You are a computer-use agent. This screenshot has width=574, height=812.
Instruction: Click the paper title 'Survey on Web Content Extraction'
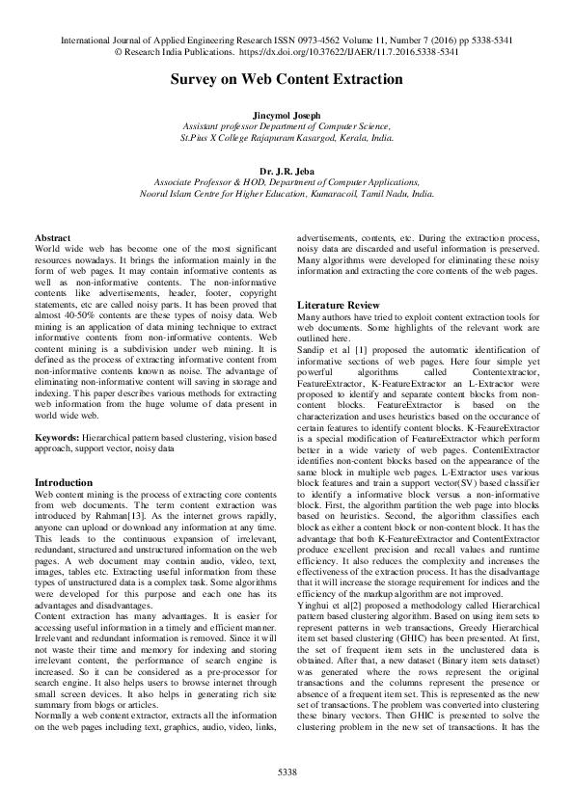287,79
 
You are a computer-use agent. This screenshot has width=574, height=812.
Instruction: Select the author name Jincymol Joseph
287,114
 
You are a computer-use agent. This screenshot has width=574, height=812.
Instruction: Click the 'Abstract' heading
52,237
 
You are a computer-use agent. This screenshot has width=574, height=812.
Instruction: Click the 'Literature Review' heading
338,304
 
